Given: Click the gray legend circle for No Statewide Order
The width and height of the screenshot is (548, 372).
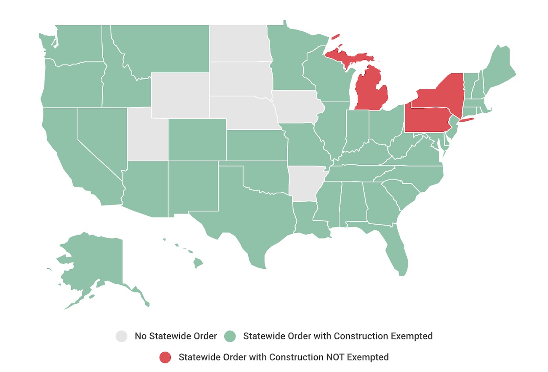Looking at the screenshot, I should (122, 336).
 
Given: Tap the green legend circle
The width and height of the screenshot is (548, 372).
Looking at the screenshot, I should (230, 336).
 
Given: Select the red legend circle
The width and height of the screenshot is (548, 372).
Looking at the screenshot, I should (165, 357).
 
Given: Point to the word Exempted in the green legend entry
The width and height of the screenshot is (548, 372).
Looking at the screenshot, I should (412, 336).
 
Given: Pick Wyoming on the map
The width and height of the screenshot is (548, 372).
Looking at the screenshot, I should (180, 95).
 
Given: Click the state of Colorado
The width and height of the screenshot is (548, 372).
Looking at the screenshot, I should (197, 140).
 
